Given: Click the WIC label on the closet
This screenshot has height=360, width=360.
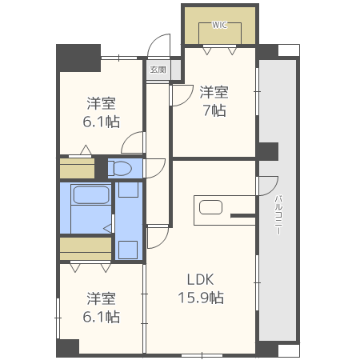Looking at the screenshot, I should click(x=219, y=25).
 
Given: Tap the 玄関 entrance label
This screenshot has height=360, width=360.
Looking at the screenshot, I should click(x=157, y=70).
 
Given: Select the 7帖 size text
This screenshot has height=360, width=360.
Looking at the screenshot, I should click(x=214, y=110).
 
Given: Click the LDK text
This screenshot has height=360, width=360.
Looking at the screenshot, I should click(x=200, y=280).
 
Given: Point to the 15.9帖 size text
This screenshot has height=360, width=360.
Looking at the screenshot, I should click(x=200, y=298).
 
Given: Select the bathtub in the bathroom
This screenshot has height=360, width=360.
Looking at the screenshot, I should click(x=90, y=195).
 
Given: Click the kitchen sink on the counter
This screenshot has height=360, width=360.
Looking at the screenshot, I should click(x=210, y=207).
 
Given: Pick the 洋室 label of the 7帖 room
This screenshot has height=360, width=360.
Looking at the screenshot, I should click(x=214, y=92).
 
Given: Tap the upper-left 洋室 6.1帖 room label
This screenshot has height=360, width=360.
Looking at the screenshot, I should click(x=102, y=112).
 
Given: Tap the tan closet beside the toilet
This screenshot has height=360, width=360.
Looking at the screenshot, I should click(x=77, y=168).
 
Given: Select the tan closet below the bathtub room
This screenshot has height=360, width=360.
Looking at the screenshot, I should click(x=85, y=248).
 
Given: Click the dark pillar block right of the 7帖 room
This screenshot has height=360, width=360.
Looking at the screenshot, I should click(x=267, y=151).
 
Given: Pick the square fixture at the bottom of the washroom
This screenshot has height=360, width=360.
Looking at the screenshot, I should click(x=128, y=249).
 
